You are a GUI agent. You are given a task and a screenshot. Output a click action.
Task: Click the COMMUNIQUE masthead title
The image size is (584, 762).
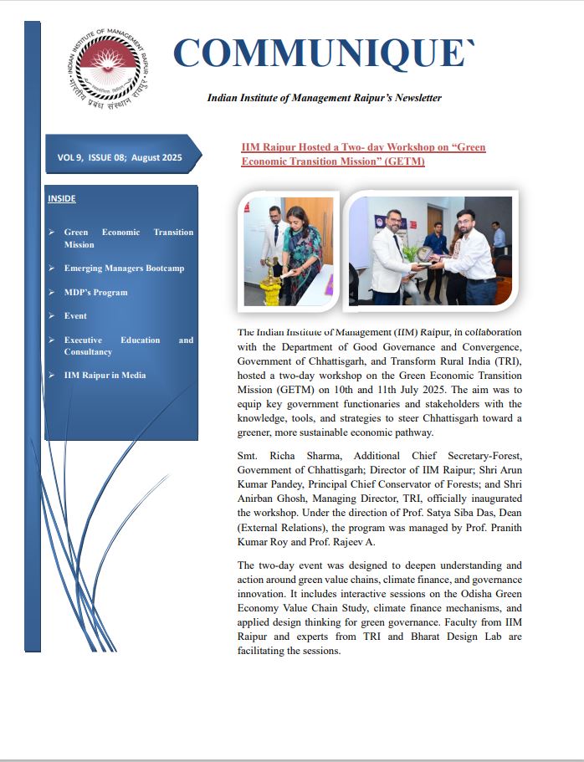click(323, 54)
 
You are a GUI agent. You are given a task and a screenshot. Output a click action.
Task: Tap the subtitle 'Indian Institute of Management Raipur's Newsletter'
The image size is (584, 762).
click(324, 98)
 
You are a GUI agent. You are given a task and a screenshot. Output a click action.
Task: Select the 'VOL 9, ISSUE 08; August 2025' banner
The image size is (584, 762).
click(119, 156)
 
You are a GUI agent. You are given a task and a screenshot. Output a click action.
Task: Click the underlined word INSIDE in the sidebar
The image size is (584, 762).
click(62, 198)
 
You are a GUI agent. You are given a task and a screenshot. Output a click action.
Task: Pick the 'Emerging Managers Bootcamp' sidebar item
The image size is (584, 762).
click(124, 268)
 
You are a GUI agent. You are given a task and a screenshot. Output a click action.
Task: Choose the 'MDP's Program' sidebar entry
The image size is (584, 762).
click(95, 293)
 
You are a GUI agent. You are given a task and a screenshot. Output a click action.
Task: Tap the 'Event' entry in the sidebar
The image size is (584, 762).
click(75, 316)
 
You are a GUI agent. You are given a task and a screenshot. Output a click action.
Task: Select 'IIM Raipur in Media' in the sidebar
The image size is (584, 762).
click(105, 376)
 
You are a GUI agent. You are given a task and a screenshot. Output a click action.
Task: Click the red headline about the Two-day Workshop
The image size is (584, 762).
click(363, 154)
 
